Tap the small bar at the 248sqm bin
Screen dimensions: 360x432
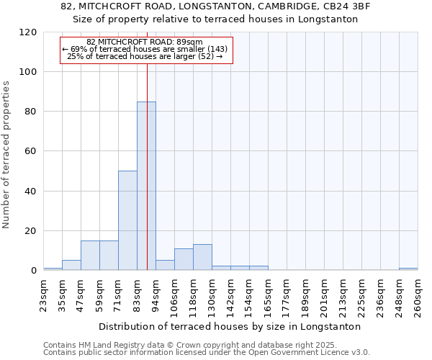(408, 269)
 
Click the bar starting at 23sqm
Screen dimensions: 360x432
(53, 269)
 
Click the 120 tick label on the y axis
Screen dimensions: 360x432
(28, 32)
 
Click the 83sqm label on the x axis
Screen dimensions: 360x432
(138, 294)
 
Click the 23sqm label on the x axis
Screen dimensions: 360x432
(44, 294)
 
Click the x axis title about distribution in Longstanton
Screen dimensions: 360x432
(230, 326)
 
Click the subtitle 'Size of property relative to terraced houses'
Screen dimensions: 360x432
(215, 19)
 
